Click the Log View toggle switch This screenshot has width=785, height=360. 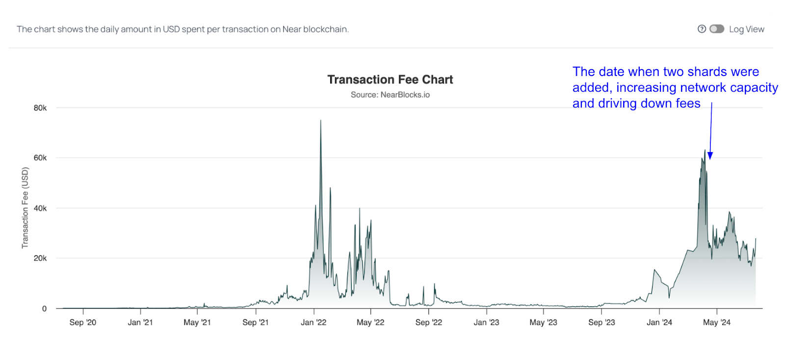coord(717,29)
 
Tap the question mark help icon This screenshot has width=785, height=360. coord(702,29)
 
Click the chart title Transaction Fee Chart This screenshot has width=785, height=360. coord(390,79)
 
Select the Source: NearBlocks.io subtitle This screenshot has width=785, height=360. coord(390,95)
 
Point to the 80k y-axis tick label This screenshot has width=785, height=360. coord(40,108)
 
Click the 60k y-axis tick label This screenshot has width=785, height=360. coord(40,158)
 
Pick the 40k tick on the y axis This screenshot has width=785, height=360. coord(40,208)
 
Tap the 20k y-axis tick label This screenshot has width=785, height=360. coord(40,258)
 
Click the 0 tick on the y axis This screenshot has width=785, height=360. coord(44,309)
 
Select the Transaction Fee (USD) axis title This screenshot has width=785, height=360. coord(25,208)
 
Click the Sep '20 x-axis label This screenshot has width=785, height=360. coord(82,322)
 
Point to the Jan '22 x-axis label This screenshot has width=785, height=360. coord(314,322)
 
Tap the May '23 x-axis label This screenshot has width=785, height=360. coord(543,322)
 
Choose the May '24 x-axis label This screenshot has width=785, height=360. coord(716,322)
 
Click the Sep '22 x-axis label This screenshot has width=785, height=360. coord(428,322)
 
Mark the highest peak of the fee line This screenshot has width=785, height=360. coord(321,121)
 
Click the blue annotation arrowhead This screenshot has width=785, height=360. coord(710,156)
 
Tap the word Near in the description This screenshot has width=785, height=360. coord(291,29)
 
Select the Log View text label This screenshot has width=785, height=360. coord(746,29)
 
